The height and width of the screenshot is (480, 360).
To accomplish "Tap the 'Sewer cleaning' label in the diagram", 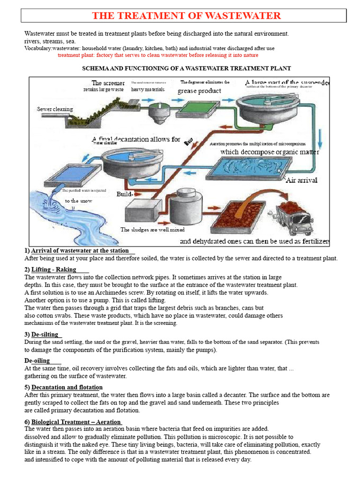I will tap(55, 109).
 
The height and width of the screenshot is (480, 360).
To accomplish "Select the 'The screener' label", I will tap(108, 83).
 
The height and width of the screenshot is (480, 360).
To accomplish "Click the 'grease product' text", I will tap(199, 91).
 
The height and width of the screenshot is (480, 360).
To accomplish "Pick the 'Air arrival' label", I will tap(301, 180).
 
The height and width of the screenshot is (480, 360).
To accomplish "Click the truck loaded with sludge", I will tap(294, 216).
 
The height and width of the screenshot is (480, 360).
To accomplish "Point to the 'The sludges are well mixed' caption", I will tap(152, 230).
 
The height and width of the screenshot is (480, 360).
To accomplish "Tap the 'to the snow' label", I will tap(78, 201).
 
